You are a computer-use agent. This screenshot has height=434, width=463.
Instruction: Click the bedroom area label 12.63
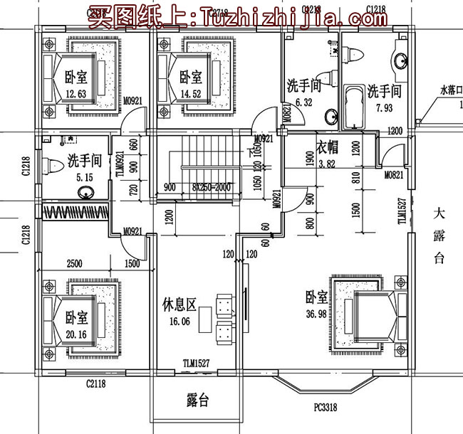point(75,94)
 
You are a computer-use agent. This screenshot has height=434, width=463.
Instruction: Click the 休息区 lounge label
point(178,305)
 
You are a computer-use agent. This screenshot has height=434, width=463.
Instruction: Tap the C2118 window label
point(96,384)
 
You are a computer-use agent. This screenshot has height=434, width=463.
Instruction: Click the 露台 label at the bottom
point(197,403)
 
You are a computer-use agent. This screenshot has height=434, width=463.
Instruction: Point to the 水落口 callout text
point(450,91)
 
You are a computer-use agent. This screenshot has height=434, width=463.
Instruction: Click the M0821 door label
point(395,174)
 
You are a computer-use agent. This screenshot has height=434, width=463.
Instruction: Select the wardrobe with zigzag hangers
point(74,212)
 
